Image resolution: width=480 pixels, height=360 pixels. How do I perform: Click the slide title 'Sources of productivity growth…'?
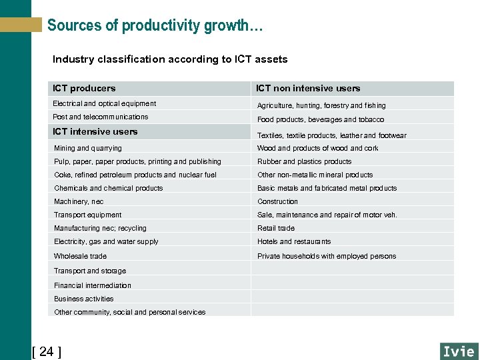coord(155,26)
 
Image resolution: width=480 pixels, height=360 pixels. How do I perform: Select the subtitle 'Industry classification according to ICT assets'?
coord(170,59)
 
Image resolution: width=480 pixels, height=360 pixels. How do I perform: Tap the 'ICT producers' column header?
coord(84,88)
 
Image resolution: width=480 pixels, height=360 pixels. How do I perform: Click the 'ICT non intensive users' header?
coord(308,88)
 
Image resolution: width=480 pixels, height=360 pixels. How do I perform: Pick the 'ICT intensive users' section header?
coord(95,131)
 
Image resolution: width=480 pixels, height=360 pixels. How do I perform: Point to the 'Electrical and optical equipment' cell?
coord(105,103)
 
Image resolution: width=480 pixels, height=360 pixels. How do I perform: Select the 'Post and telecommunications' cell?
coord(101,117)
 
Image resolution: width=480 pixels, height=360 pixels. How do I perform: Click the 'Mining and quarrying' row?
coord(88,148)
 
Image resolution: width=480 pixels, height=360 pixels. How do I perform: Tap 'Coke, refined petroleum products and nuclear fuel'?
coord(135,175)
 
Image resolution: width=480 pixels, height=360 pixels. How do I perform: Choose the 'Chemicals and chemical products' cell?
coord(109,188)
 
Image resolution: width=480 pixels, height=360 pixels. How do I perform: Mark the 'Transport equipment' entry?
coord(88,215)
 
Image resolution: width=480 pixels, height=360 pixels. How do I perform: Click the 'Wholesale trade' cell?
coord(80,256)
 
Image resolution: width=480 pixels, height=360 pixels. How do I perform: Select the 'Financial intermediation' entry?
coord(93,285)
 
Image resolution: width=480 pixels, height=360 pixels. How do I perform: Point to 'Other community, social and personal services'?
coord(130,312)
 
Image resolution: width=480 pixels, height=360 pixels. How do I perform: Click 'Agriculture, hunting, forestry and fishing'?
coord(321,105)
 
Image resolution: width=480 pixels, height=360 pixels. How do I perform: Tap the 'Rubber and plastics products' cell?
coord(305,161)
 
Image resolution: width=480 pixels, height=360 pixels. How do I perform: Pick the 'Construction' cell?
coord(278,201)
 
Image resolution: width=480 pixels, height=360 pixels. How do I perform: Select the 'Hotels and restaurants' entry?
coord(294,241)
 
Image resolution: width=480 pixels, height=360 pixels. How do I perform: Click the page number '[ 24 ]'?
coord(47,351)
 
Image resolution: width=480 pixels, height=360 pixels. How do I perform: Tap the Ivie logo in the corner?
coord(459,351)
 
